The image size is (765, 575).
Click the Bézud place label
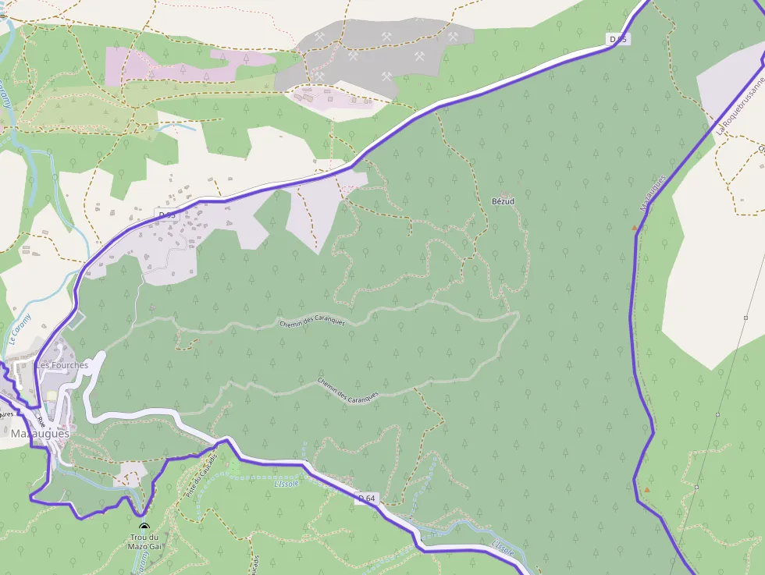pyautogui.click(x=503, y=201)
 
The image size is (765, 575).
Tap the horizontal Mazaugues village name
pyautogui.click(x=40, y=433)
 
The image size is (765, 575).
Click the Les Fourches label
pyautogui.click(x=62, y=365)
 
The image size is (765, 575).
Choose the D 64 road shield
pyautogui.click(x=368, y=498)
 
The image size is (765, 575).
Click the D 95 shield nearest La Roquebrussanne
pyautogui.click(x=618, y=39)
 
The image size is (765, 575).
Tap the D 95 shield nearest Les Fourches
pyautogui.click(x=167, y=214)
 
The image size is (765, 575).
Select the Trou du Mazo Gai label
pyautogui.click(x=144, y=542)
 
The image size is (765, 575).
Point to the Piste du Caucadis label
pyautogui.click(x=201, y=476)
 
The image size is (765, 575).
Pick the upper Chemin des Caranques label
pyautogui.click(x=312, y=321)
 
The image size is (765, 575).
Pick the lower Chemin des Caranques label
pyautogui.click(x=348, y=388)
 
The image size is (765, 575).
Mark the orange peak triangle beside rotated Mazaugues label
pyautogui.click(x=635, y=229)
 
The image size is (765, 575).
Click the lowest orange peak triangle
pyautogui.click(x=646, y=490)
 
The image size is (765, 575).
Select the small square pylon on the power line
pyautogui.click(x=696, y=487)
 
